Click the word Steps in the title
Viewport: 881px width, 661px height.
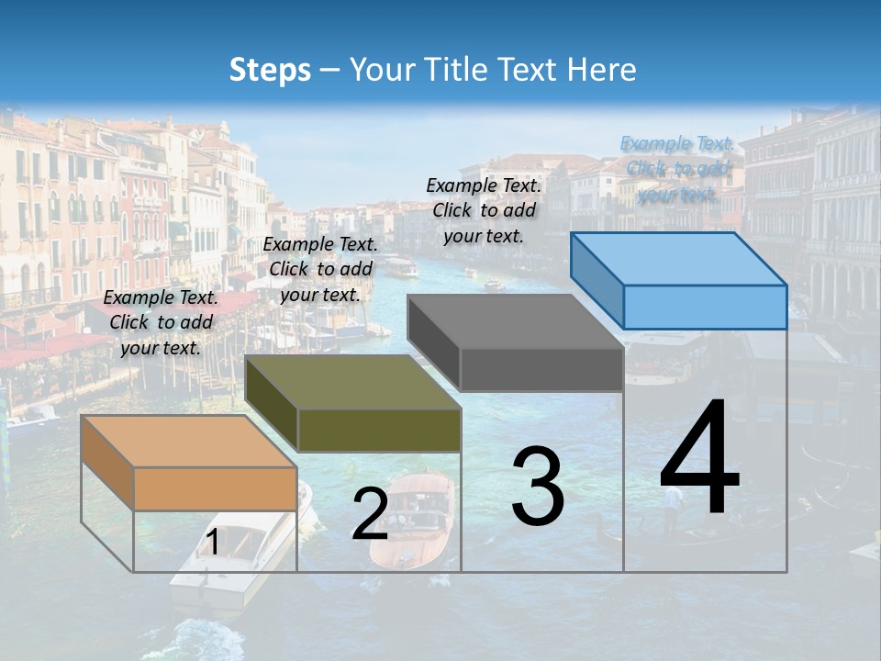click(270, 70)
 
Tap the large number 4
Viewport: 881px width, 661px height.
click(699, 459)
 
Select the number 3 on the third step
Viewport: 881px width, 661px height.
click(538, 487)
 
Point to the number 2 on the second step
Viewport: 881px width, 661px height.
click(370, 515)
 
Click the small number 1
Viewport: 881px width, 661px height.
click(212, 543)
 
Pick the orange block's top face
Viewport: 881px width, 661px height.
click(188, 441)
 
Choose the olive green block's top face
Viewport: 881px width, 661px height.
click(352, 381)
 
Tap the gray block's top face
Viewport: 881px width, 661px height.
click(515, 321)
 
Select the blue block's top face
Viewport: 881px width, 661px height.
click(678, 258)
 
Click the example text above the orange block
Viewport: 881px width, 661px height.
click(161, 322)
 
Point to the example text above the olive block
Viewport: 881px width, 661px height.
click(320, 269)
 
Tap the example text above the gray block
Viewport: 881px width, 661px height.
click(484, 210)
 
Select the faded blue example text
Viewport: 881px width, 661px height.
click(677, 169)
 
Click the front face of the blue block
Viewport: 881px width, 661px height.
click(705, 307)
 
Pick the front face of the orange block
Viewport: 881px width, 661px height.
click(215, 488)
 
